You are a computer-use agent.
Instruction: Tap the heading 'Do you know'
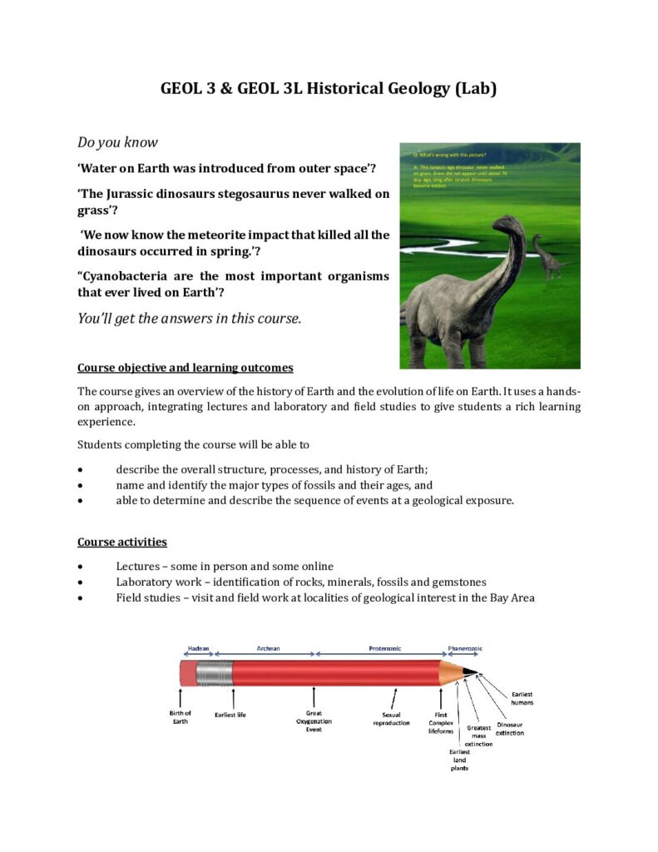117,142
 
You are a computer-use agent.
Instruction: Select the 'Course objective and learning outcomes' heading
185,368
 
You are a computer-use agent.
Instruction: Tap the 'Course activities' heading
122,542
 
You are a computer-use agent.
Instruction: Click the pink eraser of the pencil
189,673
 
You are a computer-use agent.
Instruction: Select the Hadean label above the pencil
199,647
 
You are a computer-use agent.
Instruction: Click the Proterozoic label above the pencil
385,647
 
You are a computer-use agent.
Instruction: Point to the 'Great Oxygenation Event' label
314,721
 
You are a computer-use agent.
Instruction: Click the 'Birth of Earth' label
180,717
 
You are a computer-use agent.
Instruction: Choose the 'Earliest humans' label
522,698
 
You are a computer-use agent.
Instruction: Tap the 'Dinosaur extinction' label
510,729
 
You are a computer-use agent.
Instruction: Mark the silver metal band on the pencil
217,673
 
